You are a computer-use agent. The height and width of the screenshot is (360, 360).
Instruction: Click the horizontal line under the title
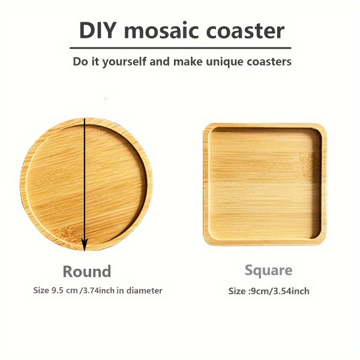pyautogui.click(x=180, y=47)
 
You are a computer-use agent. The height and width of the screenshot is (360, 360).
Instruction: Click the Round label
pyautogui.click(x=87, y=271)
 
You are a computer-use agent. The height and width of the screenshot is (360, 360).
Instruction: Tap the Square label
pyautogui.click(x=268, y=270)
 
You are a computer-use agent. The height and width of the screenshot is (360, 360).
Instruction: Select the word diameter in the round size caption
pyautogui.click(x=145, y=290)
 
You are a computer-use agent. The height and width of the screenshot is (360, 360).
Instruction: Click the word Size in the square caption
pyautogui.click(x=237, y=291)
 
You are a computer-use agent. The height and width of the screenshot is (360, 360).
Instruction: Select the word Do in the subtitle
pyautogui.click(x=80, y=61)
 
